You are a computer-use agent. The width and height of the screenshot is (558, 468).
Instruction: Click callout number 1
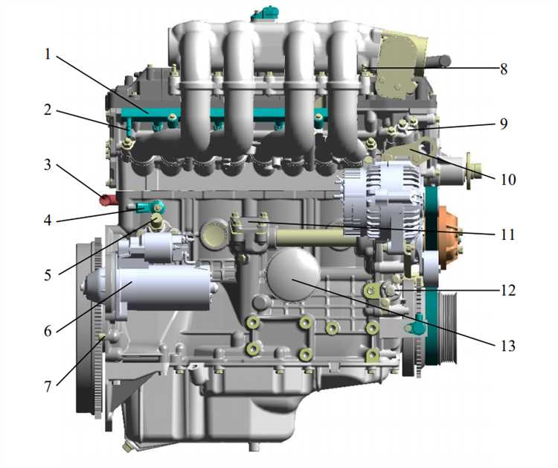48,55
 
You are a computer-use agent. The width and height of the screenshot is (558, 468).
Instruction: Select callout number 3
48,165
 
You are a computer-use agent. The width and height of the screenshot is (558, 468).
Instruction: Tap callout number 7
48,386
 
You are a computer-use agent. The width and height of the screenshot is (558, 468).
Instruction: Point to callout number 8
503,69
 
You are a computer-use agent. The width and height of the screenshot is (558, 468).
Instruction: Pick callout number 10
508,180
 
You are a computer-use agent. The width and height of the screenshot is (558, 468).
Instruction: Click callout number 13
508,345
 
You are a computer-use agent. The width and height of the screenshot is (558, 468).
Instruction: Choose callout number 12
508,290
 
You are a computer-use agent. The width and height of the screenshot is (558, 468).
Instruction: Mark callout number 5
48,275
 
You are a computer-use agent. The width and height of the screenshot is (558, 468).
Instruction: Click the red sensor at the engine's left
107,200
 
